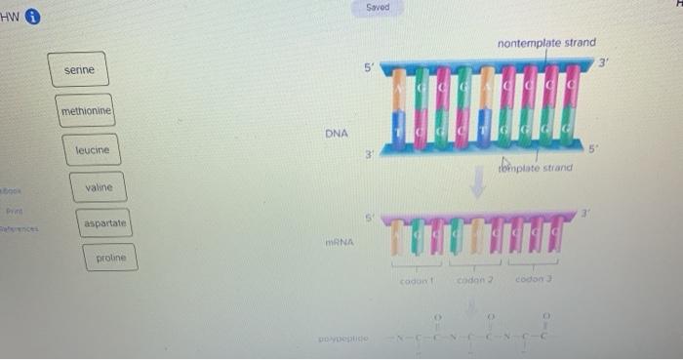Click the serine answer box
tap(79, 70)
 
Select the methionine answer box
tap(86, 112)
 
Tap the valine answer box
tap(99, 187)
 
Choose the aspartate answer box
tap(105, 224)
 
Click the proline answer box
tap(110, 258)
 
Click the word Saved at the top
tap(378, 7)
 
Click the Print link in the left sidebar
tap(13, 208)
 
